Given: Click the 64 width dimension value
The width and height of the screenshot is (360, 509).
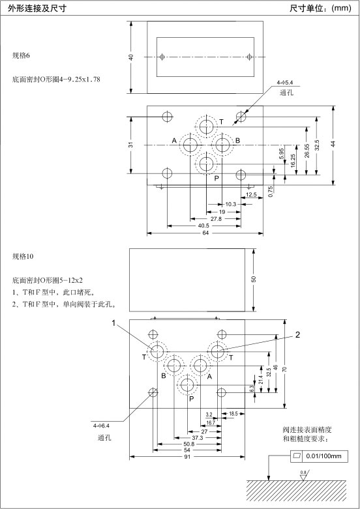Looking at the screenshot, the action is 205,233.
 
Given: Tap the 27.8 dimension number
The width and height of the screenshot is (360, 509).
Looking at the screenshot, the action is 216,219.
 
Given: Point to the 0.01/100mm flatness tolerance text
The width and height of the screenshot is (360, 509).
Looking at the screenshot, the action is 324,456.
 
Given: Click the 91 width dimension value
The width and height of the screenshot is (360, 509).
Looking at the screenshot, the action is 187,457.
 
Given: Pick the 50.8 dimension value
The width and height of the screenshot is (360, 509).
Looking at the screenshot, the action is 188,444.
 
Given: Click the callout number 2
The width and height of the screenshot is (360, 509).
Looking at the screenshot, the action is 297,335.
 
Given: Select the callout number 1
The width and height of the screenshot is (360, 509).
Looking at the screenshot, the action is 113,323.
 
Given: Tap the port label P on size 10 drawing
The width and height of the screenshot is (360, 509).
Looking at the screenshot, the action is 191,399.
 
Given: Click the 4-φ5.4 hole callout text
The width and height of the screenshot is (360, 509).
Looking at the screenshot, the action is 284,83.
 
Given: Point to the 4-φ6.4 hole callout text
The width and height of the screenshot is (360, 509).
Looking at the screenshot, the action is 101,426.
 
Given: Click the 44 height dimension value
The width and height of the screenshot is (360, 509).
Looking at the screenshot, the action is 333,143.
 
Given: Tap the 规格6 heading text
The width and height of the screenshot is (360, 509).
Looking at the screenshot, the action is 21,55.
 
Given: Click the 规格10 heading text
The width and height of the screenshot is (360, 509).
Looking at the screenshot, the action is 23,256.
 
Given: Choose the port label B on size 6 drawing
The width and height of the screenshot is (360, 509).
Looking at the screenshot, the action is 237,141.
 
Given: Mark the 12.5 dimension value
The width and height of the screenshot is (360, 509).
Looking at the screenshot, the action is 251,195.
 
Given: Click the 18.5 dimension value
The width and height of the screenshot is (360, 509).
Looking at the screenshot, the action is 233,414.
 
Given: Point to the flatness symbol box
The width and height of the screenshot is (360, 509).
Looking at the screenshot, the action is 296,456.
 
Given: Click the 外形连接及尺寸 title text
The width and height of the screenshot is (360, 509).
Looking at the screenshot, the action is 37,8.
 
